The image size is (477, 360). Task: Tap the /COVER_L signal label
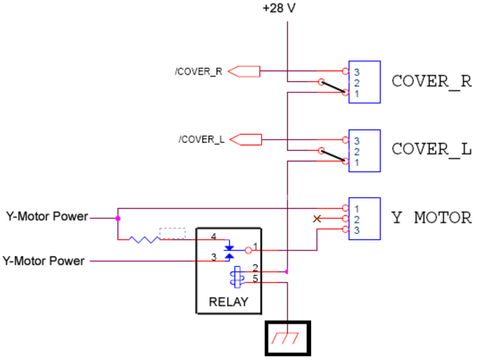pyautogui.click(x=201, y=139)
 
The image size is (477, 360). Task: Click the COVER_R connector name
pyautogui.click(x=431, y=80)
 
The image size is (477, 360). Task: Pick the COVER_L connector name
pyautogui.click(x=431, y=149)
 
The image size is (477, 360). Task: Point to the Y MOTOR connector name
pyautogui.click(x=431, y=218)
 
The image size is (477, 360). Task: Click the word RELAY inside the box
pyautogui.click(x=229, y=302)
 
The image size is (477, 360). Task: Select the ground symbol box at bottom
pyautogui.click(x=288, y=338)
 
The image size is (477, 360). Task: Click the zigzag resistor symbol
pyautogui.click(x=145, y=239)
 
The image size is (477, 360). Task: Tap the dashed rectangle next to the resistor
pyautogui.click(x=173, y=233)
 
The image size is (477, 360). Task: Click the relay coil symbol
pyautogui.click(x=236, y=277)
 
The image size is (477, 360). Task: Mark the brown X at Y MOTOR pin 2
pyautogui.click(x=318, y=219)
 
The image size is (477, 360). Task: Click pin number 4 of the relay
pyautogui.click(x=213, y=236)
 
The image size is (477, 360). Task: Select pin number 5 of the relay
pyautogui.click(x=255, y=280)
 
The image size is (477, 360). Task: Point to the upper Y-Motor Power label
pyautogui.click(x=47, y=216)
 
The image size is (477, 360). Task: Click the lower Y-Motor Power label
pyautogui.click(x=43, y=261)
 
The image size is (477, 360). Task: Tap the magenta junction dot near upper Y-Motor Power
pyautogui.click(x=117, y=218)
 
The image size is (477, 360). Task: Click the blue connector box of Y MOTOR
pyautogui.click(x=364, y=218)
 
